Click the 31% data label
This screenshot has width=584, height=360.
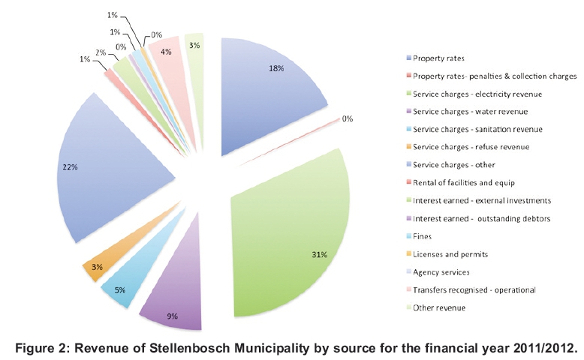pos(318,255)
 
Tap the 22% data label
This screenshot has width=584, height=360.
pos(69,166)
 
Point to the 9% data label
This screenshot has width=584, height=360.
pos(172,316)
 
